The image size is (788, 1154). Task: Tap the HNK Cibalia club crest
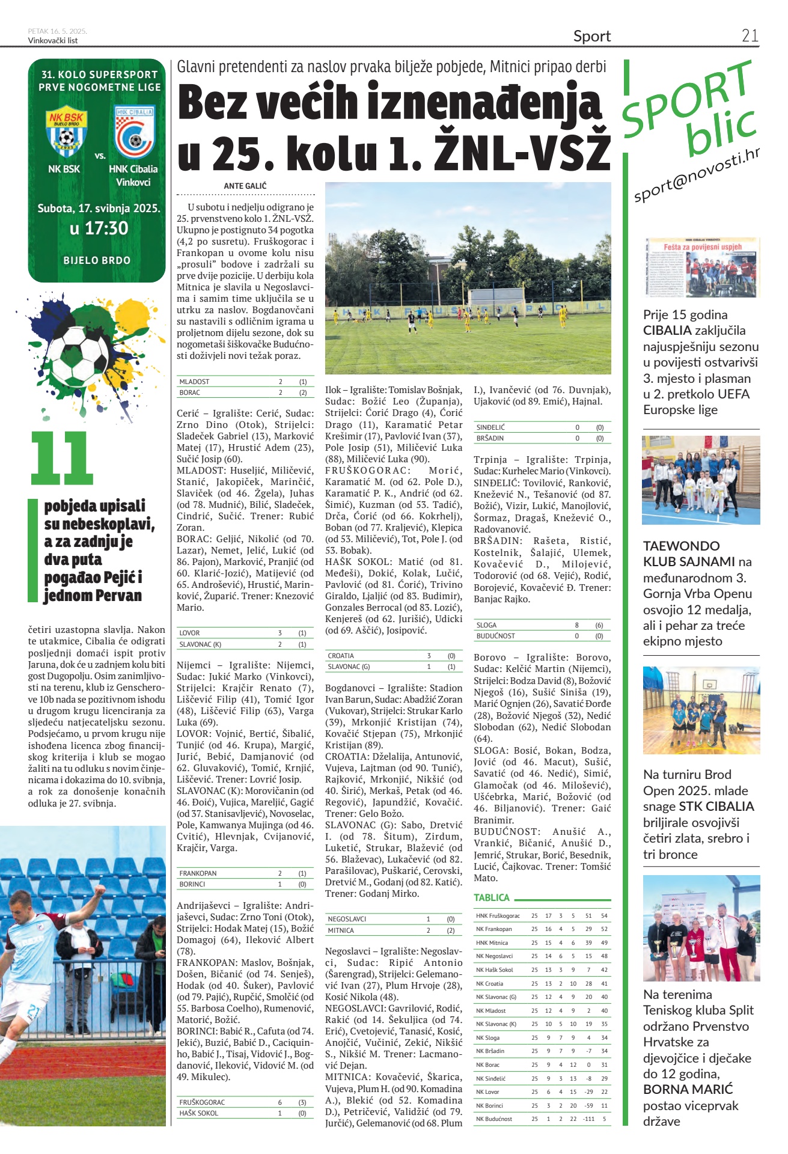click(134, 132)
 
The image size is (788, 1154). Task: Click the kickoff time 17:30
click(99, 228)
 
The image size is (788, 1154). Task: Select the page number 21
click(750, 35)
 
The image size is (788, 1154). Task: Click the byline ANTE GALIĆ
click(245, 186)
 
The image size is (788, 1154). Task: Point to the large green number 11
click(62, 458)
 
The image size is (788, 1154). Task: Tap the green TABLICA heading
click(492, 897)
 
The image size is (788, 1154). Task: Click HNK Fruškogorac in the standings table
click(498, 915)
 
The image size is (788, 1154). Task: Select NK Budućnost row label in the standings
click(494, 1119)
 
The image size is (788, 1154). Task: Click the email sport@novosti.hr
click(697, 175)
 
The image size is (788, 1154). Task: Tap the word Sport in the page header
click(591, 36)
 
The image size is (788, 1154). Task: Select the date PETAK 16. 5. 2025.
click(57, 31)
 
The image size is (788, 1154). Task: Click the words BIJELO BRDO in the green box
click(97, 260)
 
